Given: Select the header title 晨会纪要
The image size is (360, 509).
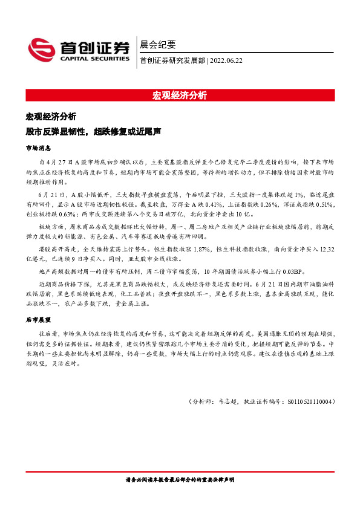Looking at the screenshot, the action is [158, 44].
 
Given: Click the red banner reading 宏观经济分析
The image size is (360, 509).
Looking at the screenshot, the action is [180, 95].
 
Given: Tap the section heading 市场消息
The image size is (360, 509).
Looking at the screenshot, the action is [38, 148].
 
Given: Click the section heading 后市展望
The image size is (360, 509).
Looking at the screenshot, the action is [38, 318].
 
